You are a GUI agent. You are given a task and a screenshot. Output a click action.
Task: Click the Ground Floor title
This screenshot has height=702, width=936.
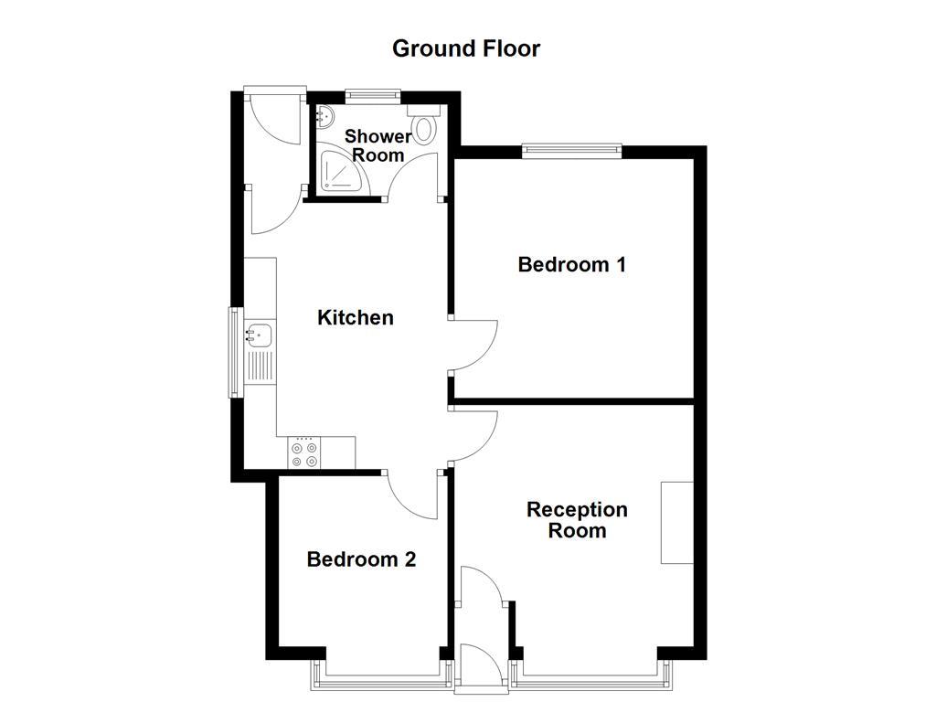466,48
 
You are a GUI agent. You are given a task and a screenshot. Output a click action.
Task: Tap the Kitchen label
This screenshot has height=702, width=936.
356,318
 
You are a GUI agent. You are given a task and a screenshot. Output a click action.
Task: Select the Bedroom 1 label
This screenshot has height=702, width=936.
572,265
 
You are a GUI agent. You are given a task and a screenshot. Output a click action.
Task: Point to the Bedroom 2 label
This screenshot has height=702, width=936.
361,559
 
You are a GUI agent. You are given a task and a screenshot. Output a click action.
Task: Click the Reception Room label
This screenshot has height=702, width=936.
577,520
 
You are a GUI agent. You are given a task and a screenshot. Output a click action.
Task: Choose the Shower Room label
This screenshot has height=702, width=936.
378,145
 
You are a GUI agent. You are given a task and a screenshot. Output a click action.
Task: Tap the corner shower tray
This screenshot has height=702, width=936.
339,174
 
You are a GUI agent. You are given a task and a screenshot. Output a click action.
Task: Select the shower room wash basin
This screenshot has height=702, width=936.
325,116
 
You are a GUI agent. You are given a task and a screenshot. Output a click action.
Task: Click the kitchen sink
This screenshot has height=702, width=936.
259,336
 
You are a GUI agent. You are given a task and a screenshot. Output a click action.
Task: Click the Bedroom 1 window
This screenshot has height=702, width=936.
572,151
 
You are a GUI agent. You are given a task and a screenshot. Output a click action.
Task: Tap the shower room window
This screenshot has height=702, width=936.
373,94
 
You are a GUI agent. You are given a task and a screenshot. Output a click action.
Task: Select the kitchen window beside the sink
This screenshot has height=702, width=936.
235,352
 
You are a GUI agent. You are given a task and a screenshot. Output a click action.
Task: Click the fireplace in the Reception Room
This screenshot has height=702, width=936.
677,522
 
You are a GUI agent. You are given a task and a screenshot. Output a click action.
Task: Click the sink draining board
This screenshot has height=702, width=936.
260,367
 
